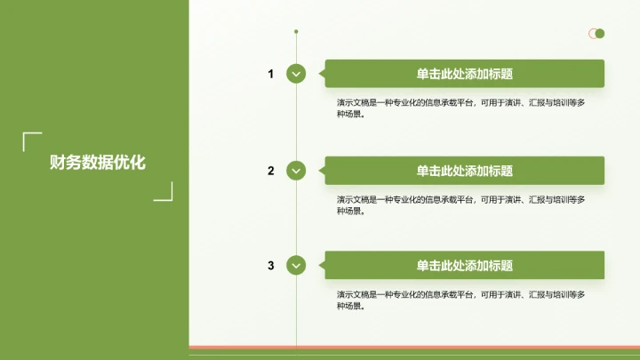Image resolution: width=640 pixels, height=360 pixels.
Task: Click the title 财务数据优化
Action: [x=98, y=163]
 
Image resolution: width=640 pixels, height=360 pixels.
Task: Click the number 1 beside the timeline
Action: [x=271, y=74]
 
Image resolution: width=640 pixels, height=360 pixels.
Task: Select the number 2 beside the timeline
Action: [x=271, y=171]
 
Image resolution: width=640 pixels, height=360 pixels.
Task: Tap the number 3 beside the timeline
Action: [x=271, y=266]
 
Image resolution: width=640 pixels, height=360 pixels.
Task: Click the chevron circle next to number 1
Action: [x=296, y=74]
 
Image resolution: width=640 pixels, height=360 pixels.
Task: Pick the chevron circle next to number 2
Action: [x=296, y=170]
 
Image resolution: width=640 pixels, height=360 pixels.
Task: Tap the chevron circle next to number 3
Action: [x=296, y=265]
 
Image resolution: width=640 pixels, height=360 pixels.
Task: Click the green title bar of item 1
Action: [x=464, y=74]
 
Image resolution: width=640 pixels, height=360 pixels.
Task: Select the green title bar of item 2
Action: [x=464, y=171]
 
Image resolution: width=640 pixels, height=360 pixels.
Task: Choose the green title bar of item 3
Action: [x=464, y=266]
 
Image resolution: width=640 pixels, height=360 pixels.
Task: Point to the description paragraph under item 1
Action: [x=460, y=108]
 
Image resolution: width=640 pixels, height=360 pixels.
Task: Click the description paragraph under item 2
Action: [x=460, y=204]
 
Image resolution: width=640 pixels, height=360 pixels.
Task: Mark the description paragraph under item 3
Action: [x=460, y=300]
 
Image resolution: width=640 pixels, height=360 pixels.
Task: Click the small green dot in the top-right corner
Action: [x=600, y=34]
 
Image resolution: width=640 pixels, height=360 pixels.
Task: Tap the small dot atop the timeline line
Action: [x=296, y=32]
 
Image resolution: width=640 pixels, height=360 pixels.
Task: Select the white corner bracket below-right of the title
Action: [x=164, y=192]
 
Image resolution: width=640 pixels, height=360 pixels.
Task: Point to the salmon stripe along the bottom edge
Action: [x=414, y=347]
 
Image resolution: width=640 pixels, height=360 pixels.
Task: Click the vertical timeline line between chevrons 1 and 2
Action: [x=296, y=122]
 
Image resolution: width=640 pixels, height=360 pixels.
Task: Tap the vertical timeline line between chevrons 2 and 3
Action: [x=296, y=218]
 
